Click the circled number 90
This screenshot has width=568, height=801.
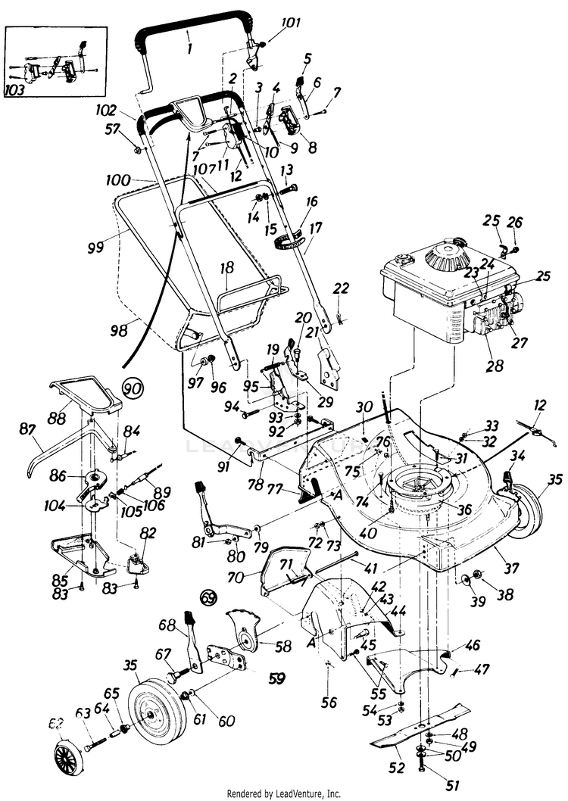[133, 388]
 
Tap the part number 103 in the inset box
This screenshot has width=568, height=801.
[14, 89]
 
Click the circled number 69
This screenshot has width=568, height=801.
[208, 597]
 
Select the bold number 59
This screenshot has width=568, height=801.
[277, 678]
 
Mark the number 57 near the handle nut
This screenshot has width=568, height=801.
[113, 129]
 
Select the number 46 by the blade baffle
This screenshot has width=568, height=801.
[473, 646]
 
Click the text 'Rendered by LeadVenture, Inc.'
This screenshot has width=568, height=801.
[284, 793]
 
